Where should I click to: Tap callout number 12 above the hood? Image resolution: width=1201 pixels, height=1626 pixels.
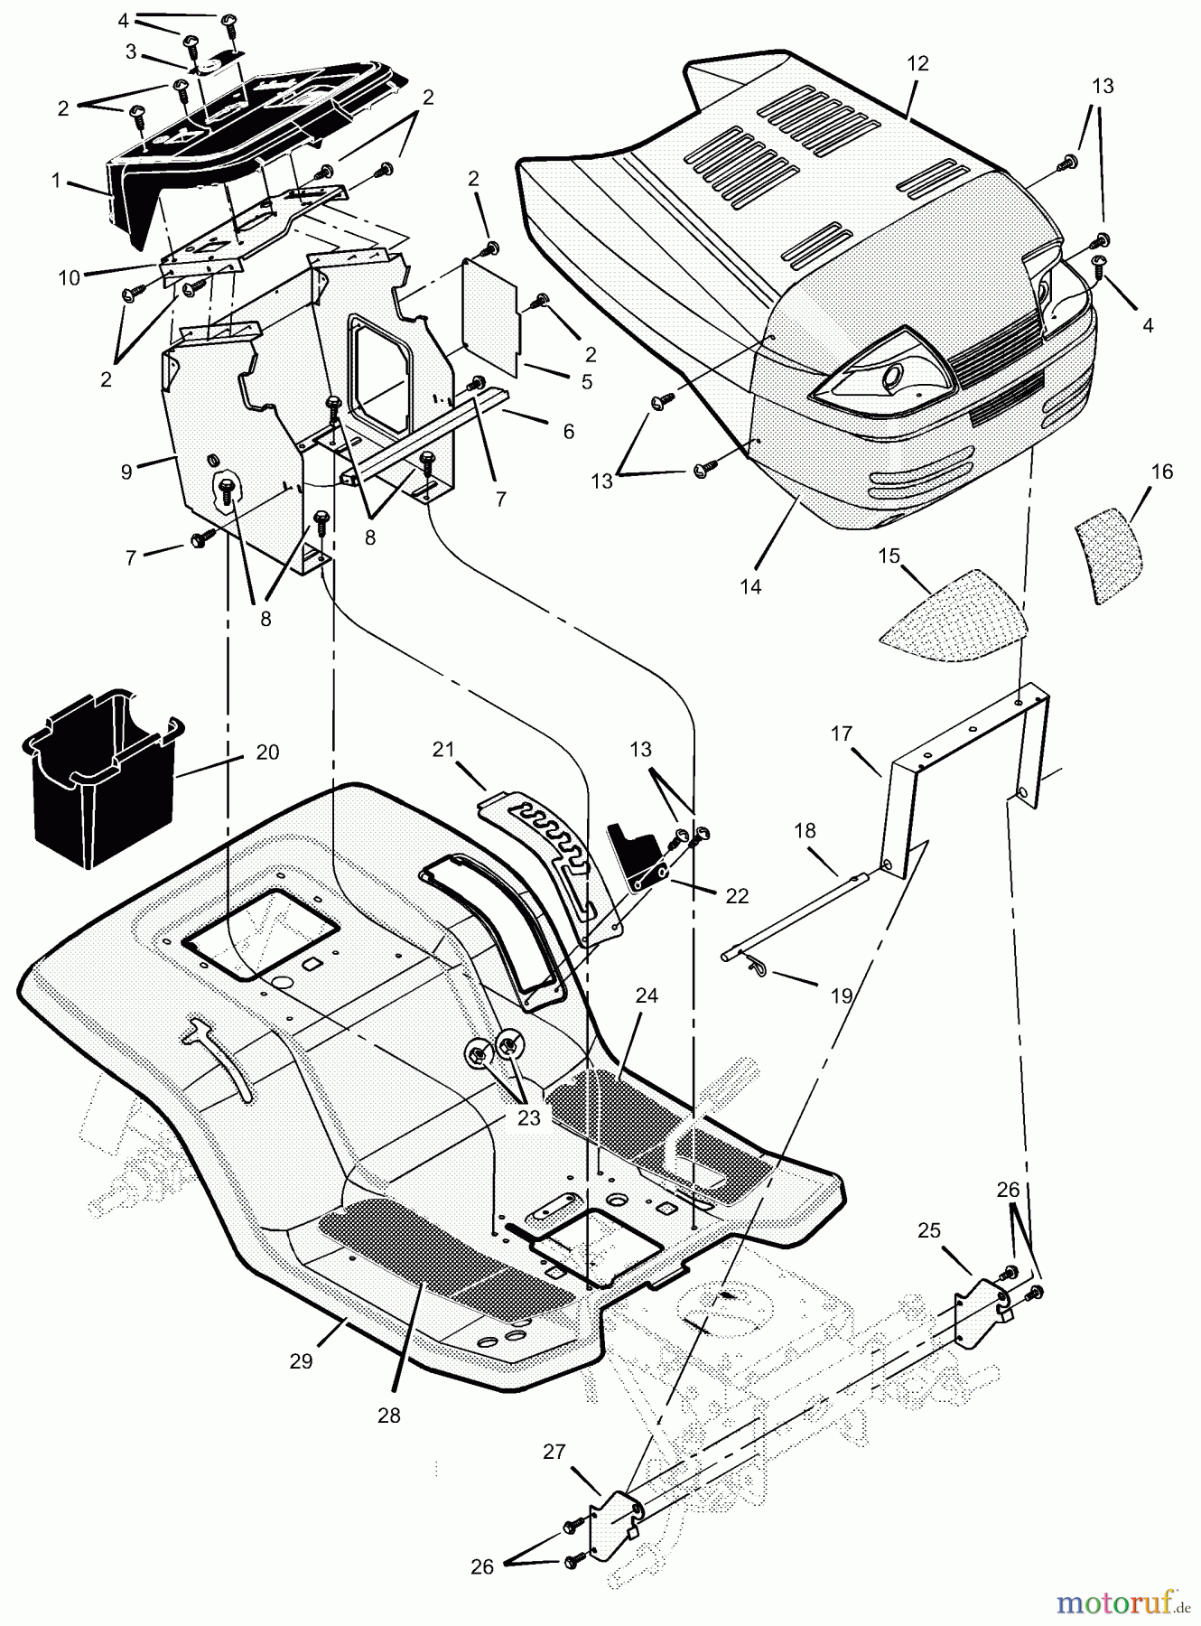(917, 64)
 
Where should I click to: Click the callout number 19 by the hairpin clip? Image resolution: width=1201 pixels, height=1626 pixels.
(841, 995)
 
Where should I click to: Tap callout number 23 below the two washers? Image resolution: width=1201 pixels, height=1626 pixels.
(528, 1117)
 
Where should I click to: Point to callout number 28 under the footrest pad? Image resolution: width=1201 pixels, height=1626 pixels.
(388, 1416)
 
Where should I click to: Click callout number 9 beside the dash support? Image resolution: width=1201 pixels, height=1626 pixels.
(126, 471)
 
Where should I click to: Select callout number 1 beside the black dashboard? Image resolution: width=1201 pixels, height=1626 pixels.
(56, 181)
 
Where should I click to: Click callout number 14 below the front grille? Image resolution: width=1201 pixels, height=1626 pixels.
(750, 586)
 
